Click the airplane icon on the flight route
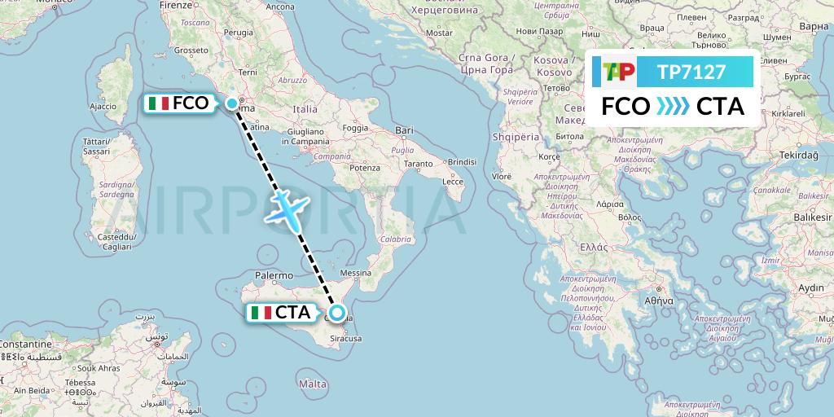pos(288,207)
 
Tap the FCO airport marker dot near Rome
pos(232,103)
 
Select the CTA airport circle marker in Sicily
pos(337,312)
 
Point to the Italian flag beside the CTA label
pos(261,313)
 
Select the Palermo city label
pos(274,275)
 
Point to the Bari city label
pos(404,130)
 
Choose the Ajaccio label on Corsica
pos(103,107)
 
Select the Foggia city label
pos(356,128)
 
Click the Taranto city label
pos(418,164)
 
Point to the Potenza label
pos(367,168)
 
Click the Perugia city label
pos(239,33)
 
